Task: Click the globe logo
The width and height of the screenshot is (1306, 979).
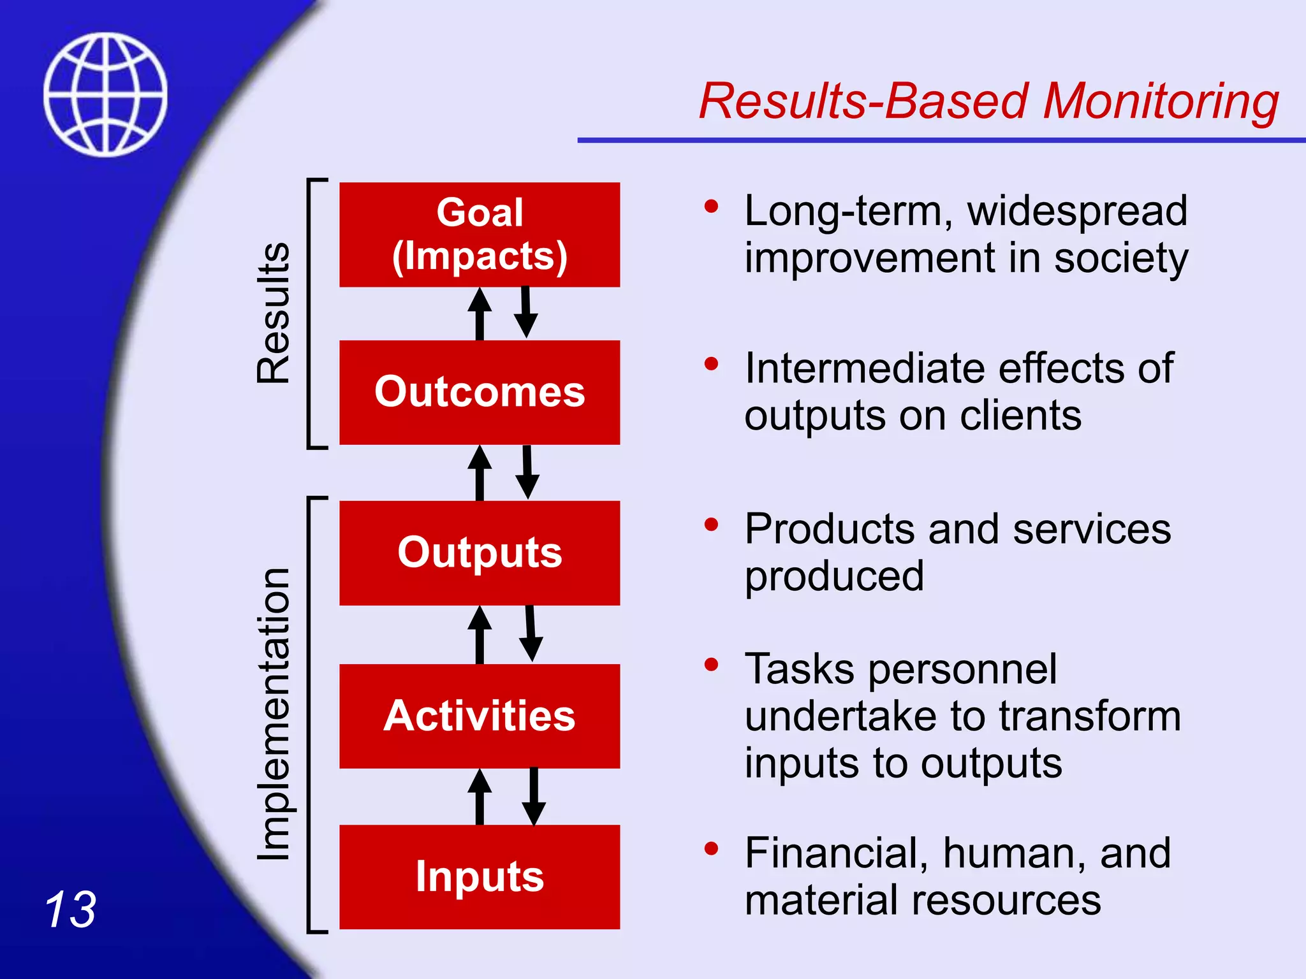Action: click(x=105, y=94)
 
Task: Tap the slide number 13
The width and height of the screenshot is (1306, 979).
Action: click(x=70, y=910)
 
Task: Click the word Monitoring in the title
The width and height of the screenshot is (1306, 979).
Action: click(x=1160, y=102)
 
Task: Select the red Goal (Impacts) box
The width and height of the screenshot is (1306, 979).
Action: click(x=480, y=235)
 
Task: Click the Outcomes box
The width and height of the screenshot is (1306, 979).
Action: click(x=480, y=392)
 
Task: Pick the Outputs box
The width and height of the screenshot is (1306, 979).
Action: click(x=480, y=553)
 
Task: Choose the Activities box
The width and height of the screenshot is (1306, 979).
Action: click(x=480, y=716)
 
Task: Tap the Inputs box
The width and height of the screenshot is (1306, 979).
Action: click(x=480, y=876)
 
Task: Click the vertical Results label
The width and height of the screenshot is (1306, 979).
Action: click(x=274, y=312)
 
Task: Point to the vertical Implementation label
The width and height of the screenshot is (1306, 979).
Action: click(x=274, y=714)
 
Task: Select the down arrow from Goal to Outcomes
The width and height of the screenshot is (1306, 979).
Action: click(x=526, y=312)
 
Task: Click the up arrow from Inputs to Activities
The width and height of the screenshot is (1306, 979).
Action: click(x=480, y=797)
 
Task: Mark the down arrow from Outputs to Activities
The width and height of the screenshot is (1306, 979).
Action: click(x=531, y=634)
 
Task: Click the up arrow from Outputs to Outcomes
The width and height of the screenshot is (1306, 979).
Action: click(x=480, y=473)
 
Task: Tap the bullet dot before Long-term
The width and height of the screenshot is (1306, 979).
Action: click(x=711, y=207)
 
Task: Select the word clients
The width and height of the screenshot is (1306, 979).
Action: click(x=1020, y=416)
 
